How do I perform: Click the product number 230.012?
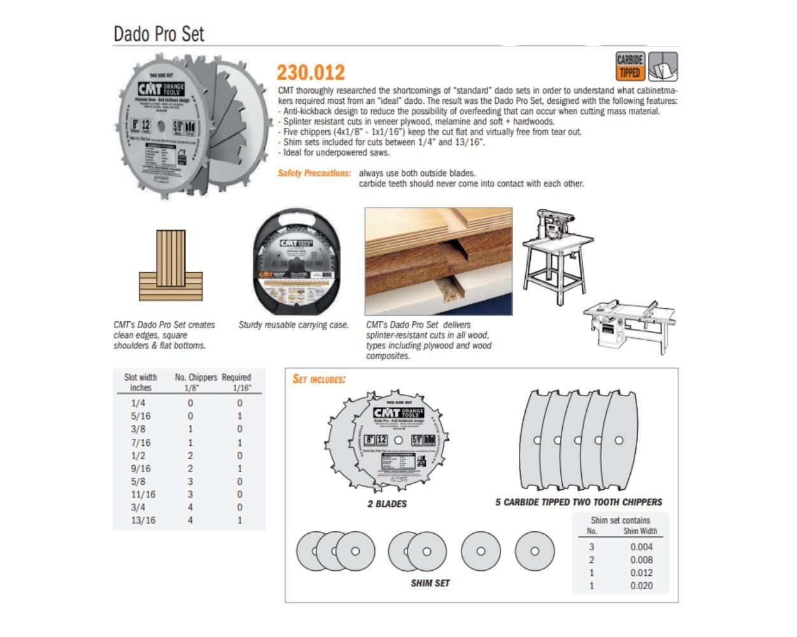pos(311,72)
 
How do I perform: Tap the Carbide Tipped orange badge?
pos(630,66)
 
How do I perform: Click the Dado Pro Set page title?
pos(159,34)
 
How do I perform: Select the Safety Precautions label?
pos(314,173)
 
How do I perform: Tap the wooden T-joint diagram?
pos(171,266)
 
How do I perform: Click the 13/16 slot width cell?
pos(143,520)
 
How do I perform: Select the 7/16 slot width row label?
pos(141,443)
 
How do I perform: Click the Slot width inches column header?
pos(141,382)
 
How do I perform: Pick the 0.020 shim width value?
pos(641,586)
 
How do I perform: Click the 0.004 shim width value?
pos(641,547)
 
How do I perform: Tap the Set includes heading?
pos(319,380)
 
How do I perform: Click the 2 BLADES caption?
pos(387,504)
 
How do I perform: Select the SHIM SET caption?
pos(430,583)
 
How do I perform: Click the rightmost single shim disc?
pos(535,551)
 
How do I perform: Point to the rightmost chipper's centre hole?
pos(618,440)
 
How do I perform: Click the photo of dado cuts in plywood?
pos(439,261)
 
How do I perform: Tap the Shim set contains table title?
pos(620,520)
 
